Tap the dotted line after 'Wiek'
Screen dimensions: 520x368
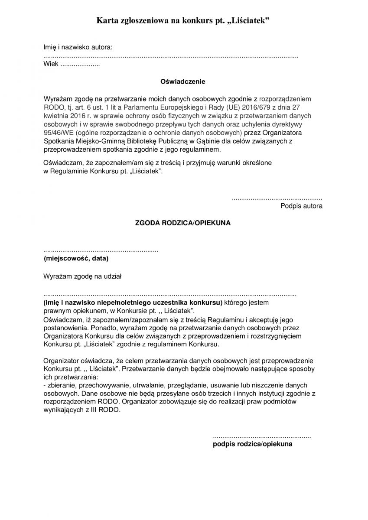pos(79,65)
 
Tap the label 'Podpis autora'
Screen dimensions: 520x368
pos(301,206)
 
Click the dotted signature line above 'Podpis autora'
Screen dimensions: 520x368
pos(277,198)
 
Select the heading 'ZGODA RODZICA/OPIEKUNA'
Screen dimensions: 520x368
pos(183,223)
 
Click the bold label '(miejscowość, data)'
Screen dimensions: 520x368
pos(76,259)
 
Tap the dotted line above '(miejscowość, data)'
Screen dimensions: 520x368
pos(101,251)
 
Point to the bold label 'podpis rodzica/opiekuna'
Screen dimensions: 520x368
pos(253,444)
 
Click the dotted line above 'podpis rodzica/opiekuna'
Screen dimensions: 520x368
pos(262,436)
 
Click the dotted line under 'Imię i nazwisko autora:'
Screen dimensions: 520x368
pos(171,57)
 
